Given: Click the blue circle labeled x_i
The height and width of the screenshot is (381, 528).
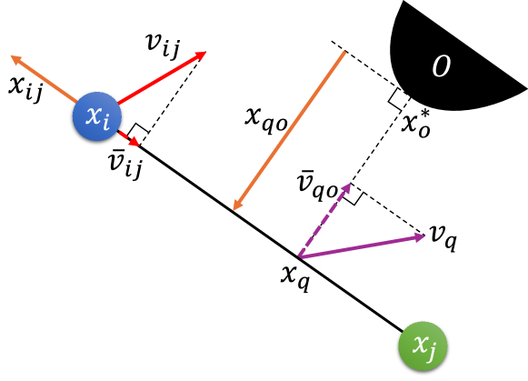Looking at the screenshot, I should (97, 116).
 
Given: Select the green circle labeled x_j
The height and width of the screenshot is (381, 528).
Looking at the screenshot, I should (423, 346).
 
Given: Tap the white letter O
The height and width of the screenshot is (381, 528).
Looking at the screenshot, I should (441, 66).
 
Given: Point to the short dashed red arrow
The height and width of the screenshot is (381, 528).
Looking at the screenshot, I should (129, 137).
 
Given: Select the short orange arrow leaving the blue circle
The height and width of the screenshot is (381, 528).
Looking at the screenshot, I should (45, 80).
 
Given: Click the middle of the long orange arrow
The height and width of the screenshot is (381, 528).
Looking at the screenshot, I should (290, 130).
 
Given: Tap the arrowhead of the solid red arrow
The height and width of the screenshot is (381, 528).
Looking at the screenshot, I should (201, 55).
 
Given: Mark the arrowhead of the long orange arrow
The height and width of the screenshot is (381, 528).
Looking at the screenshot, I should (236, 206).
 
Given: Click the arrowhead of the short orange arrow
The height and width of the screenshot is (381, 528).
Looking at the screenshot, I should (15, 58).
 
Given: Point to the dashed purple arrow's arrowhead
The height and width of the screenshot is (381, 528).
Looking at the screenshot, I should (346, 187).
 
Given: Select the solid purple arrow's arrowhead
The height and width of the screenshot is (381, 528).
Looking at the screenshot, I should (420, 236).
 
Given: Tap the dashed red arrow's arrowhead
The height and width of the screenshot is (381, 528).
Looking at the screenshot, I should (135, 142).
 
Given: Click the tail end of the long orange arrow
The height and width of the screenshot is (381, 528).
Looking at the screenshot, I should (344, 53).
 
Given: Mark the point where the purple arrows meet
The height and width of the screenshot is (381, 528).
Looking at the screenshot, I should (300, 257).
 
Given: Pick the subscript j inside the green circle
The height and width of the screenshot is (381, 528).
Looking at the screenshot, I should (432, 350).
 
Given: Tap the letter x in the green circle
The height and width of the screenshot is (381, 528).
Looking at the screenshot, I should (418, 344).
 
